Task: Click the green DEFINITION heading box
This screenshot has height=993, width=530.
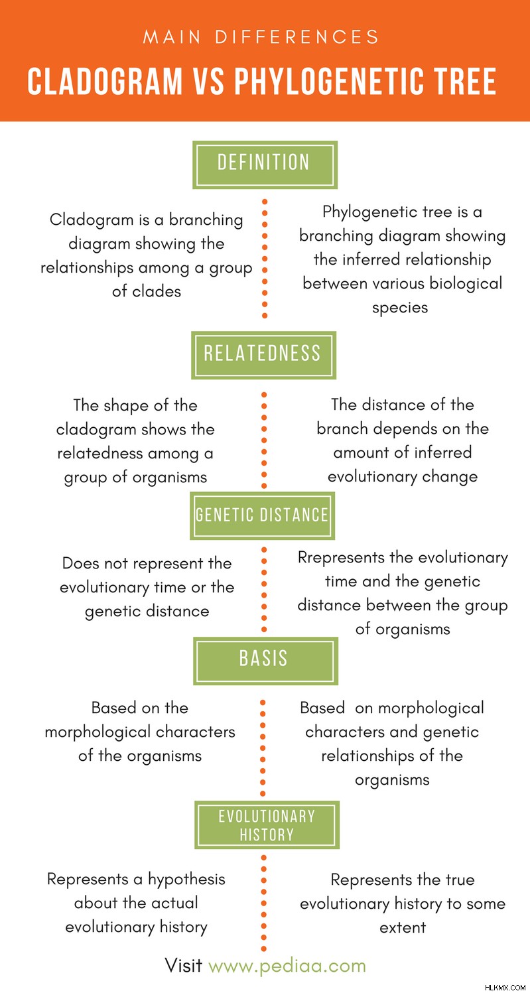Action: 265,165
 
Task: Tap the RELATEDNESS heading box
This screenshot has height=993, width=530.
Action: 263,355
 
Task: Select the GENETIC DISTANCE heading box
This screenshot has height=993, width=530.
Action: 262,515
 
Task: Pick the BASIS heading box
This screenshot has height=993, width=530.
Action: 265,661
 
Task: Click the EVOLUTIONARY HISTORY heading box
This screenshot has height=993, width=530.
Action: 267,825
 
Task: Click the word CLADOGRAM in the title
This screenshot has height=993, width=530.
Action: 105,81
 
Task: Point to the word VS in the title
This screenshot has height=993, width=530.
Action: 208,81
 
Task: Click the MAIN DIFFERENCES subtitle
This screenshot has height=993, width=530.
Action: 261,36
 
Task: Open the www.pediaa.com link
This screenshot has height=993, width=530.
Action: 287,965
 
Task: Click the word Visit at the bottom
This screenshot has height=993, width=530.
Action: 184,964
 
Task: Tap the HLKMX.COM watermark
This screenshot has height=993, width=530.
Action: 505,988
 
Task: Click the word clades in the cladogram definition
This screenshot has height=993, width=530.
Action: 157,291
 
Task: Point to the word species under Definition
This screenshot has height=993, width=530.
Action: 400,308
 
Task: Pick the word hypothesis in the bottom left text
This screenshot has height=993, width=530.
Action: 186,880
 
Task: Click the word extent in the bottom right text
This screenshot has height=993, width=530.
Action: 403,927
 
